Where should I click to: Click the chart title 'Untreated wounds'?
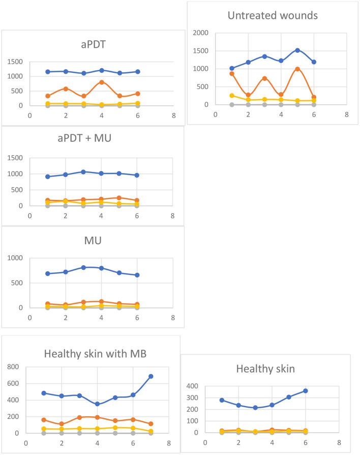click(x=273, y=15)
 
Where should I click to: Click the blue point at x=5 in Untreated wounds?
click(x=297, y=50)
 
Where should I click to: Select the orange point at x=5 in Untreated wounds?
click(x=297, y=69)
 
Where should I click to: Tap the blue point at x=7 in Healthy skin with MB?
click(x=151, y=376)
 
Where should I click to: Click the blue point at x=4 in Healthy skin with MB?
click(x=97, y=404)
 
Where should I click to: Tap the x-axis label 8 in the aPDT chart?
click(x=173, y=116)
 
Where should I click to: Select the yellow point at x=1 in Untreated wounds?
click(x=232, y=96)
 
